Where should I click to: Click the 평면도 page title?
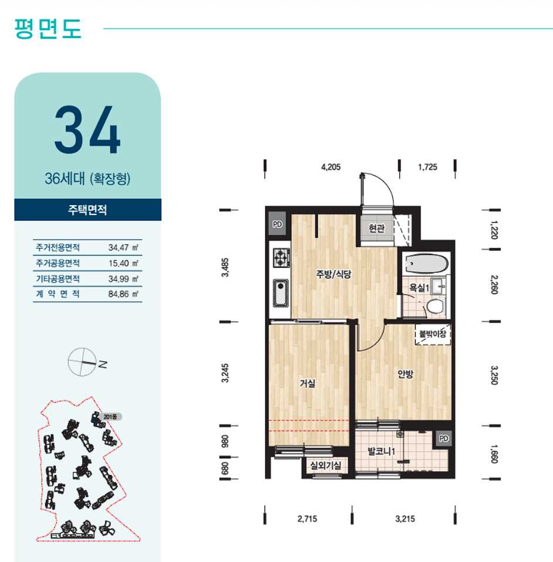(x=48, y=29)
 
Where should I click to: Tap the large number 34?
(x=87, y=130)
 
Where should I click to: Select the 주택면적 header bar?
(x=88, y=210)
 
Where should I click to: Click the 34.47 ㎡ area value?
(x=123, y=248)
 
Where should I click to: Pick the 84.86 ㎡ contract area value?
(x=123, y=294)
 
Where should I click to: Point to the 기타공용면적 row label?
(x=57, y=278)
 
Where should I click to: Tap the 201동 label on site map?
(x=110, y=417)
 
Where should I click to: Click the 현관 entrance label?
(x=376, y=228)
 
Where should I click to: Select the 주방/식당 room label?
(x=334, y=274)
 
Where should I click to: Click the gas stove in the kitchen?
(x=281, y=258)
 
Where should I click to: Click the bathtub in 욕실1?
(x=426, y=264)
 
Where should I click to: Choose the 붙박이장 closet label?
(x=433, y=334)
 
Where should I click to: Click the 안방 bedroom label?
(x=406, y=374)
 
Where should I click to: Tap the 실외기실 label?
(x=325, y=465)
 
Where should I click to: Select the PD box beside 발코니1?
(x=443, y=438)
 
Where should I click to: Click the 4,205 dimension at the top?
(x=331, y=167)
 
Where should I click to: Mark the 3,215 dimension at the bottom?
(x=405, y=519)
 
